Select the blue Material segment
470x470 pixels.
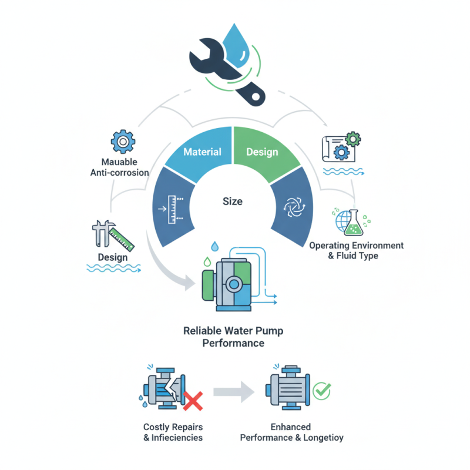[202, 152]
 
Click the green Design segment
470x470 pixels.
[262, 152]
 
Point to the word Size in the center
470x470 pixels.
[232, 202]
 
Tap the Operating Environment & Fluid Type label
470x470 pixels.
[356, 250]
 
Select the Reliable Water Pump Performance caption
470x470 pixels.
[233, 337]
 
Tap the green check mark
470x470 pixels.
[321, 390]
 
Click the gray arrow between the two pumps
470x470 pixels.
[234, 392]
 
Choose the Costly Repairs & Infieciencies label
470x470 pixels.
[173, 432]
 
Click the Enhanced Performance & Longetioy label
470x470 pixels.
[291, 432]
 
